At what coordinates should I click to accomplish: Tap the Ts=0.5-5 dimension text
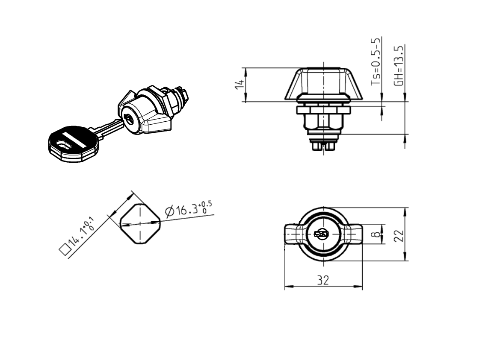point(376,62)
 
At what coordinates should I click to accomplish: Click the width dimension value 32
point(323,280)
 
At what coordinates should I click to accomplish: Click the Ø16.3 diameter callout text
point(189,208)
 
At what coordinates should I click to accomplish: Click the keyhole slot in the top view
point(321,234)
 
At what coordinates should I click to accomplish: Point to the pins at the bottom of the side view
point(323,145)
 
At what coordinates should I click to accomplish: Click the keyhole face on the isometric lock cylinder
point(129,120)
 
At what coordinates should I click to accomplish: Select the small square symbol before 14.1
point(65,249)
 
